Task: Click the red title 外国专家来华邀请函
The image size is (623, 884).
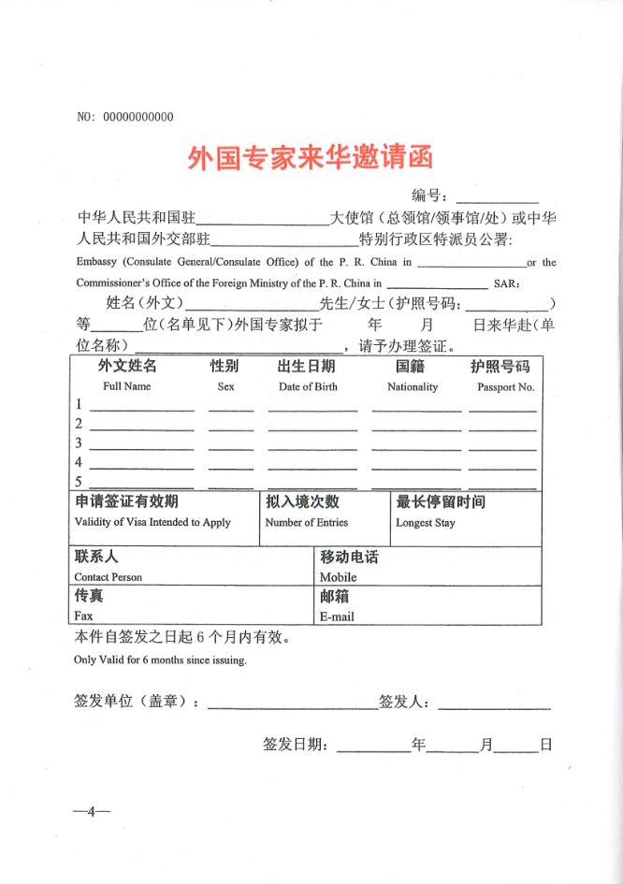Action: click(311, 157)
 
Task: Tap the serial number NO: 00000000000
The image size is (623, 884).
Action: click(125, 117)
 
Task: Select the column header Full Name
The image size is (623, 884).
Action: click(127, 386)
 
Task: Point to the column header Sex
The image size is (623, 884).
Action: click(225, 386)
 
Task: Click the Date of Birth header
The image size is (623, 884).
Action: click(308, 386)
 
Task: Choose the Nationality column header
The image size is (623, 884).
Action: click(413, 386)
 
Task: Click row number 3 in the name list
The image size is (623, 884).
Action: click(80, 443)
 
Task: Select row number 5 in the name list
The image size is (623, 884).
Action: click(80, 482)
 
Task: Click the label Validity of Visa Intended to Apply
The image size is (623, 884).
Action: click(152, 522)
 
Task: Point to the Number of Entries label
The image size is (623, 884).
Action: click(306, 522)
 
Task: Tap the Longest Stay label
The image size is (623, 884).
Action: click(425, 523)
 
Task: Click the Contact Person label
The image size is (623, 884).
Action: click(109, 577)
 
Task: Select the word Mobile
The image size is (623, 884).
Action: click(338, 577)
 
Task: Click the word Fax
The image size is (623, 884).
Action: click(83, 616)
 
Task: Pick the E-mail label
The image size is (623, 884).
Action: click(337, 616)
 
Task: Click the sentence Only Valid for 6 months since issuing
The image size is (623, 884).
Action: click(160, 659)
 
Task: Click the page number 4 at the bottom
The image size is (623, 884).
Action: click(92, 810)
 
